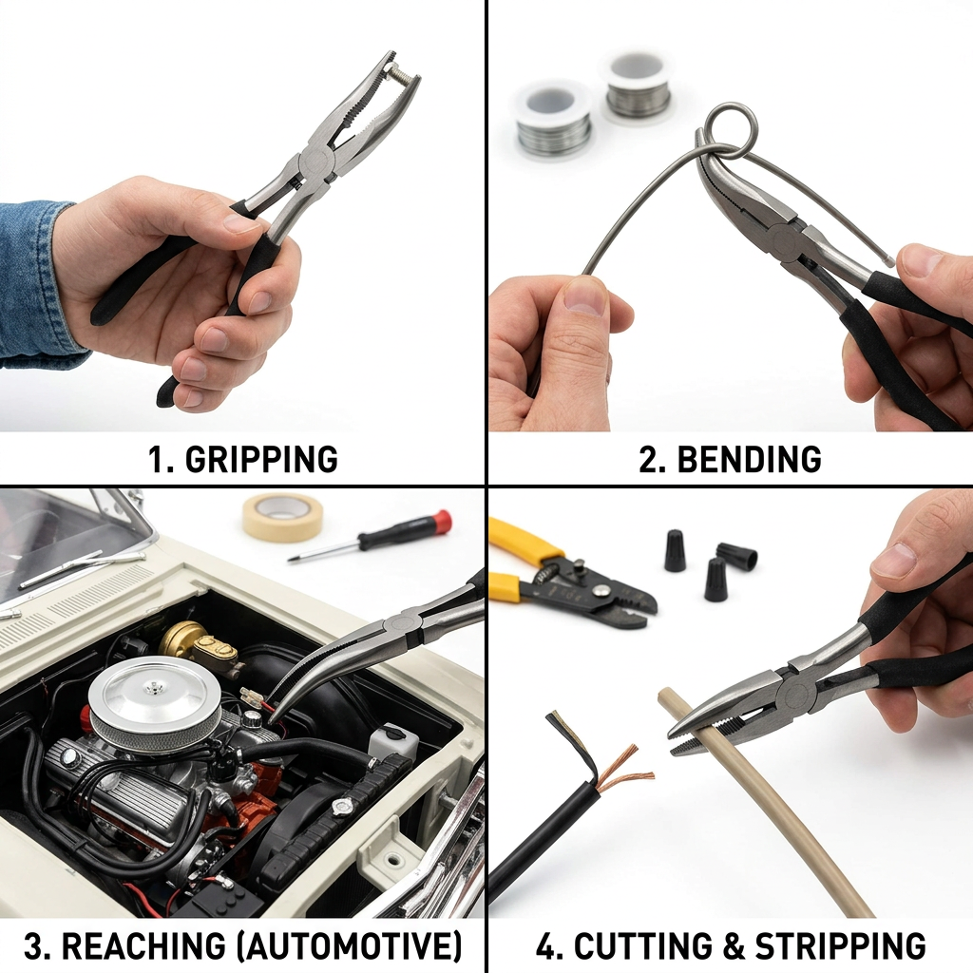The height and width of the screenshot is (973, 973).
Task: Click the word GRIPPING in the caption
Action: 261,459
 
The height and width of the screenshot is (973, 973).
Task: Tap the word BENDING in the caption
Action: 749,459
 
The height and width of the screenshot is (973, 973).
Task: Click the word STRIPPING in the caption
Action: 840,945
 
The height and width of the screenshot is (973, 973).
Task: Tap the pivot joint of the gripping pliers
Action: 317,163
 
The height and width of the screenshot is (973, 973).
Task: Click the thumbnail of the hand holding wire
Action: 585,296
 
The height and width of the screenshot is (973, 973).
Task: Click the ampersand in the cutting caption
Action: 734,945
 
